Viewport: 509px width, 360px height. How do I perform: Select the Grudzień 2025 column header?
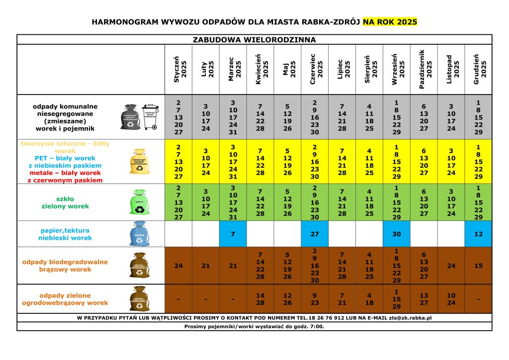point(479,70)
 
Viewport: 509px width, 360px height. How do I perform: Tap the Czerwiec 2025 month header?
point(315,70)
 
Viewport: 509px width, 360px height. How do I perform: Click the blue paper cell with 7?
point(233,234)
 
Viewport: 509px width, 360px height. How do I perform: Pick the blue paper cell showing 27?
point(315,234)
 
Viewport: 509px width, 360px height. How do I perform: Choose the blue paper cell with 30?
point(397,234)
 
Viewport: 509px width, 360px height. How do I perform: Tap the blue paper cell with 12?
point(479,234)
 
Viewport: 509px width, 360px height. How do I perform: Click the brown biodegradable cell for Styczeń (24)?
point(178,266)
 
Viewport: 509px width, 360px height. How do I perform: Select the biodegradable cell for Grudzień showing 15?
point(479,266)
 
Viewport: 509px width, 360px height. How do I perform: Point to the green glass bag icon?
point(138,203)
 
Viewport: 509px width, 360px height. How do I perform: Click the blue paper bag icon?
point(139,234)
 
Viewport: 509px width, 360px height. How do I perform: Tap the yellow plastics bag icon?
point(139,162)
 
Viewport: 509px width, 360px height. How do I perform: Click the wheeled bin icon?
point(151,117)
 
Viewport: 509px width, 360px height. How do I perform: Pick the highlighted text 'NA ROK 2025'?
point(390,22)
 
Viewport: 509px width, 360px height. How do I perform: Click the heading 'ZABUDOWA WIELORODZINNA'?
point(254,39)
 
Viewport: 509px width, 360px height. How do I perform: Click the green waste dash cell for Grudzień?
point(479,299)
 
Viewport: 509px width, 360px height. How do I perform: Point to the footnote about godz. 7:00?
point(254,326)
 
